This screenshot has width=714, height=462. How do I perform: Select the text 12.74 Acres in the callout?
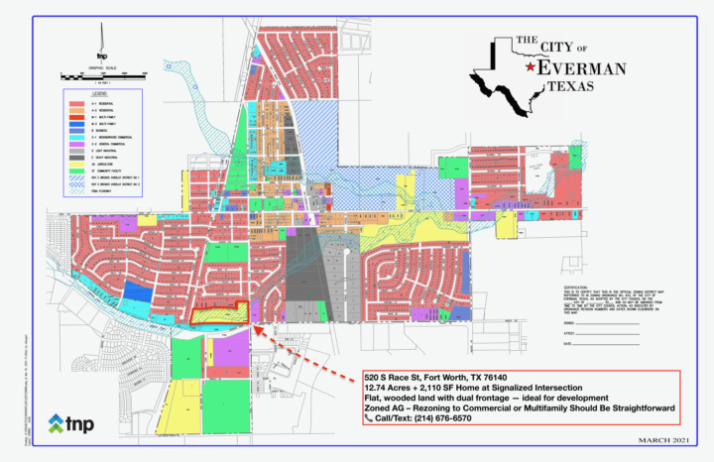click(x=388, y=390)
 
